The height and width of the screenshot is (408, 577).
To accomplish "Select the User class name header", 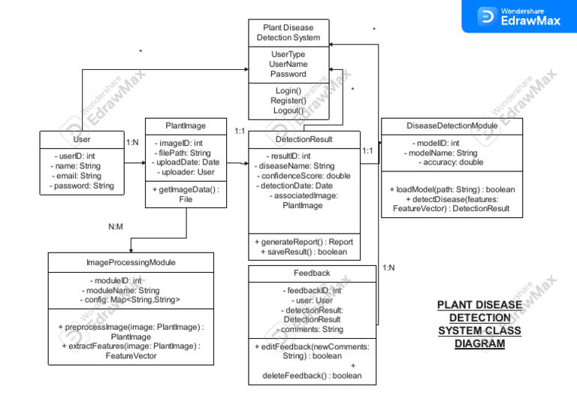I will point(82,140).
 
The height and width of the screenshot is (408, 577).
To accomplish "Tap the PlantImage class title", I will point(186,125).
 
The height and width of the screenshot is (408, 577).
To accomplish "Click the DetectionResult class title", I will point(304,139).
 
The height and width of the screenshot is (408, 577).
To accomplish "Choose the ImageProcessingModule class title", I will point(131,262).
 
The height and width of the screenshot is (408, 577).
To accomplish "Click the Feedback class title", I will point(312,273).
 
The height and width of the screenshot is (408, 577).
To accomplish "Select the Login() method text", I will point(288,91).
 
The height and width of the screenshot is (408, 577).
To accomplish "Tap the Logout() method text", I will point(288,110).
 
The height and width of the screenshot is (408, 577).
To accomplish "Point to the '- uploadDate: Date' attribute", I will point(186,162).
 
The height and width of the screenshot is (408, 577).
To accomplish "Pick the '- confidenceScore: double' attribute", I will point(303,176).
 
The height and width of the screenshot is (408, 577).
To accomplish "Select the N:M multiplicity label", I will point(116,225).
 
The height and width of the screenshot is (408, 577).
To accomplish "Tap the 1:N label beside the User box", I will point(132,142).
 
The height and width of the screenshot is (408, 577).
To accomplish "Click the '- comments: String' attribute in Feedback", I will point(312,329).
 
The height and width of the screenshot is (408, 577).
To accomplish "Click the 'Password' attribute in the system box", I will point(288,74).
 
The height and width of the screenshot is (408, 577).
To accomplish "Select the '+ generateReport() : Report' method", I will point(304,242).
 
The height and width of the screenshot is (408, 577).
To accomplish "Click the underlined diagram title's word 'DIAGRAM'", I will point(479,344).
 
